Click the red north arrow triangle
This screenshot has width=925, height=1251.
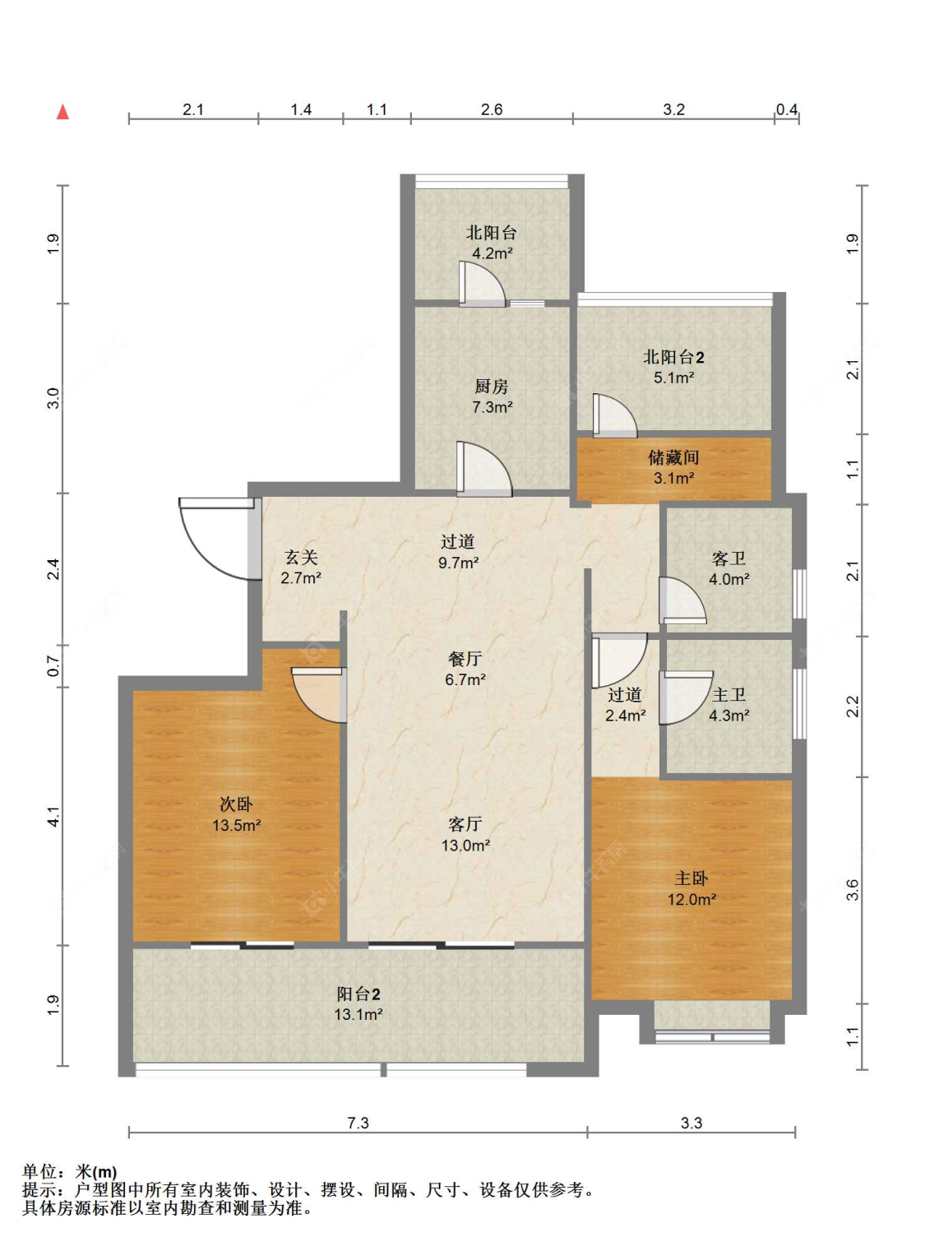click(62, 112)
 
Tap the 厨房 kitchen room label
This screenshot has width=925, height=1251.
click(491, 387)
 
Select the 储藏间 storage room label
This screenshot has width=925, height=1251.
click(674, 457)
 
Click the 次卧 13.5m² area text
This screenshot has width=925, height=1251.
click(236, 826)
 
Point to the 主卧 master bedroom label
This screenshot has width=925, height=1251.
click(691, 878)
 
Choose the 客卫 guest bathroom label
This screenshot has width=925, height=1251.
click(728, 558)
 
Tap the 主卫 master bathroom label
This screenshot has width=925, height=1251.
click(728, 694)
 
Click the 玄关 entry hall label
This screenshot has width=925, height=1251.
click(301, 558)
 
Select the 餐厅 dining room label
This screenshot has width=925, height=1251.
click(465, 658)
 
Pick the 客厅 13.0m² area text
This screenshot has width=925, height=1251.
click(465, 846)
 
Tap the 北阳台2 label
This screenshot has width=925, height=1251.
click(674, 357)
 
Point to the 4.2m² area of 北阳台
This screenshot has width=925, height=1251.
click(492, 253)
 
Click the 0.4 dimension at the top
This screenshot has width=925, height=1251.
click(786, 109)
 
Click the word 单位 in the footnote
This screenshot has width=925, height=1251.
click(40, 1172)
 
